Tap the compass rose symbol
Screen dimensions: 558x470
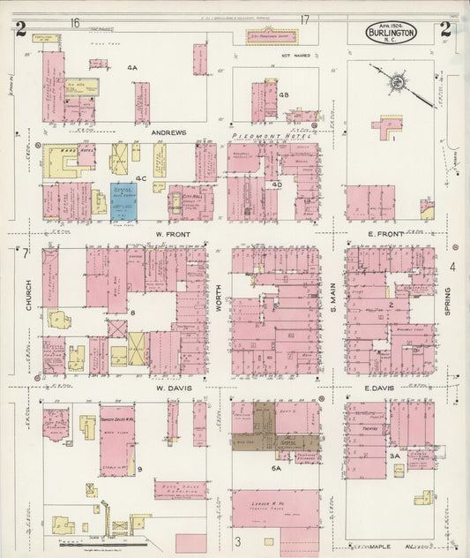tap(398, 83)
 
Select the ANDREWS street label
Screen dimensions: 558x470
tap(168, 133)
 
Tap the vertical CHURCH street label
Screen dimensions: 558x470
tap(28, 300)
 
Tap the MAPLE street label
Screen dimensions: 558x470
tap(391, 545)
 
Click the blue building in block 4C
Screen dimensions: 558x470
tap(123, 200)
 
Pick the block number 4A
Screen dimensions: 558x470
tap(132, 68)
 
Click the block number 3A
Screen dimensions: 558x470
tap(395, 455)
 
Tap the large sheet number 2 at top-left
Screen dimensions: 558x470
tap(20, 29)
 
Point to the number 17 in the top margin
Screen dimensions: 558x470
tap(304, 20)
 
